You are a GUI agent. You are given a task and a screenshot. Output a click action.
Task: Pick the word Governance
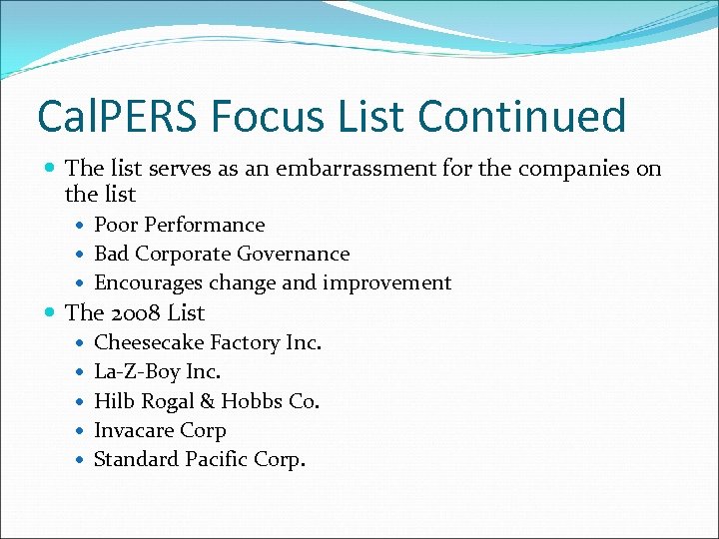pos(297,254)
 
